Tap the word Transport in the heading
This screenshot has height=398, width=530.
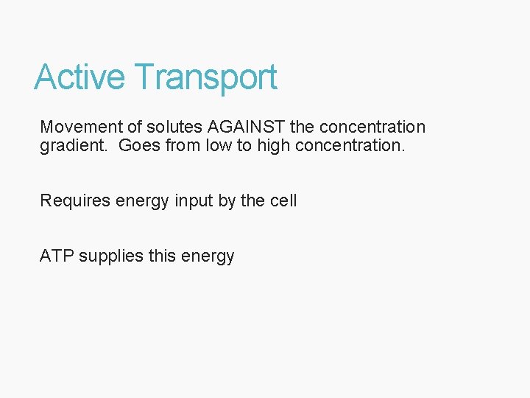click(x=206, y=77)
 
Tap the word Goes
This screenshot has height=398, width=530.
click(x=139, y=145)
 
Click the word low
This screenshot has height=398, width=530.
click(x=217, y=145)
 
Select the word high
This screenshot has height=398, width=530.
click(x=273, y=145)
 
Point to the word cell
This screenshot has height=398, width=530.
click(x=283, y=200)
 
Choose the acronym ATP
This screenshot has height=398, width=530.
click(x=57, y=256)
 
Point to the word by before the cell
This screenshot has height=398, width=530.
click(x=227, y=200)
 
